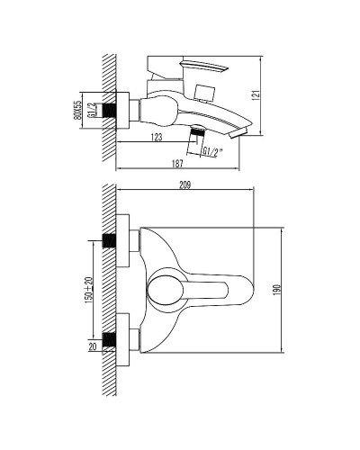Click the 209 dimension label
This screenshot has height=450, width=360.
187,187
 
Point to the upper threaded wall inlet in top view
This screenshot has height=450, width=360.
112,241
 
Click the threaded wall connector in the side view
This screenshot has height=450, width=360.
112,107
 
